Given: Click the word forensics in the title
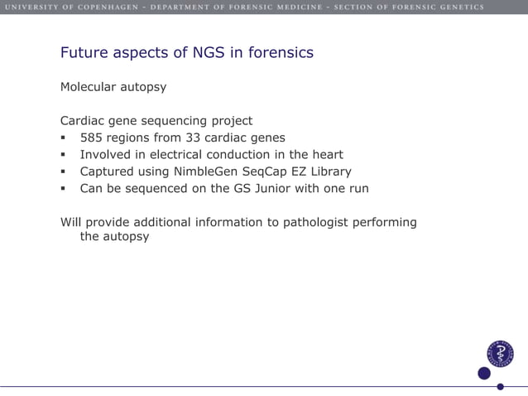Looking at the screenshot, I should pos(280,53).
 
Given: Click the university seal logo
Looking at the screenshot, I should pos(500,354).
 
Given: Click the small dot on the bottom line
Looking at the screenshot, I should pos(500,386).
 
